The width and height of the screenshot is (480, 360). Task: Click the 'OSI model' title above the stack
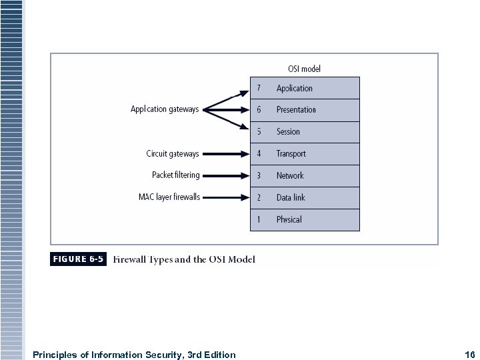tap(304, 69)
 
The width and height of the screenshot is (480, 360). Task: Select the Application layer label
tap(294, 88)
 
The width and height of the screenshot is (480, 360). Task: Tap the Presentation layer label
tap(296, 110)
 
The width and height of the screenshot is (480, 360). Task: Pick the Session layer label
tap(288, 132)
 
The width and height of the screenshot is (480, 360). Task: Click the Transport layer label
tap(291, 154)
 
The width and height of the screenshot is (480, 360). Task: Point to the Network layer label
tap(290, 176)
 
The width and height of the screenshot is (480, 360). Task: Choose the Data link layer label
tap(291, 198)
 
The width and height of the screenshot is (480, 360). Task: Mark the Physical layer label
tap(289, 219)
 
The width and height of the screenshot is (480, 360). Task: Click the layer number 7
tap(259, 88)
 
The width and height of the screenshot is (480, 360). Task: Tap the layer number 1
tap(259, 219)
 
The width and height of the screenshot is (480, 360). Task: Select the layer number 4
tap(259, 154)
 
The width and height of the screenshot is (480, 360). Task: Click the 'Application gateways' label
tap(164, 109)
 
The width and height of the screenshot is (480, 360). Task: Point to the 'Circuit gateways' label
tap(172, 154)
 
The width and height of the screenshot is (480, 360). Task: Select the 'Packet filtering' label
tap(175, 175)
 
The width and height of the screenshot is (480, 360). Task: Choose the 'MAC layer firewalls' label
tap(169, 197)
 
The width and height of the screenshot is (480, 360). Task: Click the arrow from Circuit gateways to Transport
tap(224, 154)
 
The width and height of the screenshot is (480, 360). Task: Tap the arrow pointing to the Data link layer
tap(224, 197)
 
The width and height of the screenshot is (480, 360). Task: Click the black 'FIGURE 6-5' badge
tap(78, 259)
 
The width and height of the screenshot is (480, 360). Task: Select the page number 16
tap(469, 355)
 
